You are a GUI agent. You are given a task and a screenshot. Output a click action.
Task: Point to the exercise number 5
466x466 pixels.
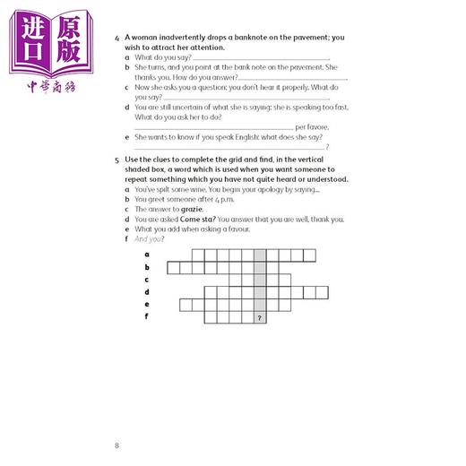coord(117,158)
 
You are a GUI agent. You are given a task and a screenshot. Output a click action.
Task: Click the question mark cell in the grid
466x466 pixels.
coord(259,317)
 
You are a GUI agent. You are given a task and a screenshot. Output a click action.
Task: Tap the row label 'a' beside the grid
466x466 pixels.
coord(147,255)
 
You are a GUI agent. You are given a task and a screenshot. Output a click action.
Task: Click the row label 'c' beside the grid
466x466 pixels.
coord(147,280)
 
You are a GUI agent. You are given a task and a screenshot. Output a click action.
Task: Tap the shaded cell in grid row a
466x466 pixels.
coord(259,255)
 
